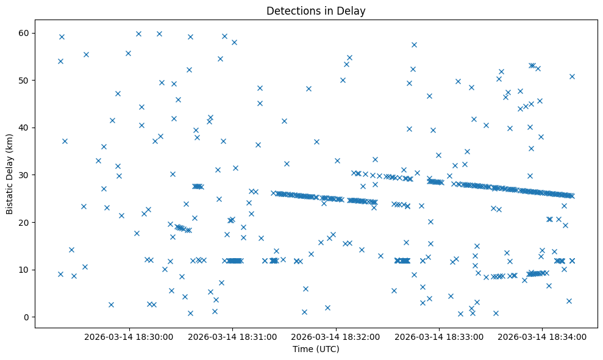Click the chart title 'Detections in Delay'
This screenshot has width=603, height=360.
click(316, 10)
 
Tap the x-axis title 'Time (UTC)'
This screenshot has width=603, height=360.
click(316, 350)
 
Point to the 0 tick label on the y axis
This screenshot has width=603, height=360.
click(27, 317)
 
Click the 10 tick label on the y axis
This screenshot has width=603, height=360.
click(24, 270)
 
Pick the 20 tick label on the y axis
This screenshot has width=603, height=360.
click(24, 223)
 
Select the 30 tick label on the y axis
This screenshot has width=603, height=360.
click(24, 175)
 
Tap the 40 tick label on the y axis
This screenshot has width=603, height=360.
click(24, 128)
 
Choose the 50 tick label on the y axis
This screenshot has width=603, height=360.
click(24, 81)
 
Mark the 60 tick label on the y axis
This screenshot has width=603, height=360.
click(24, 33)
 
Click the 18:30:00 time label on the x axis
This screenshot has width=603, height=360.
click(129, 336)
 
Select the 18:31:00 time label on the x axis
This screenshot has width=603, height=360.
click(232, 336)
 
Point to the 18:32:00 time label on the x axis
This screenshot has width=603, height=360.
click(336, 336)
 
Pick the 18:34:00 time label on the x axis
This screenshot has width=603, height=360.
click(543, 336)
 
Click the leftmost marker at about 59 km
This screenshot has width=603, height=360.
click(62, 37)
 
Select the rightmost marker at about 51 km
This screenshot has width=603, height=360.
click(572, 76)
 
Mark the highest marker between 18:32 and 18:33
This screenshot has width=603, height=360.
click(414, 45)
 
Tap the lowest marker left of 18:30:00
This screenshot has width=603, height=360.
click(111, 304)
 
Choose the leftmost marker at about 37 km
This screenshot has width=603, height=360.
click(65, 141)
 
